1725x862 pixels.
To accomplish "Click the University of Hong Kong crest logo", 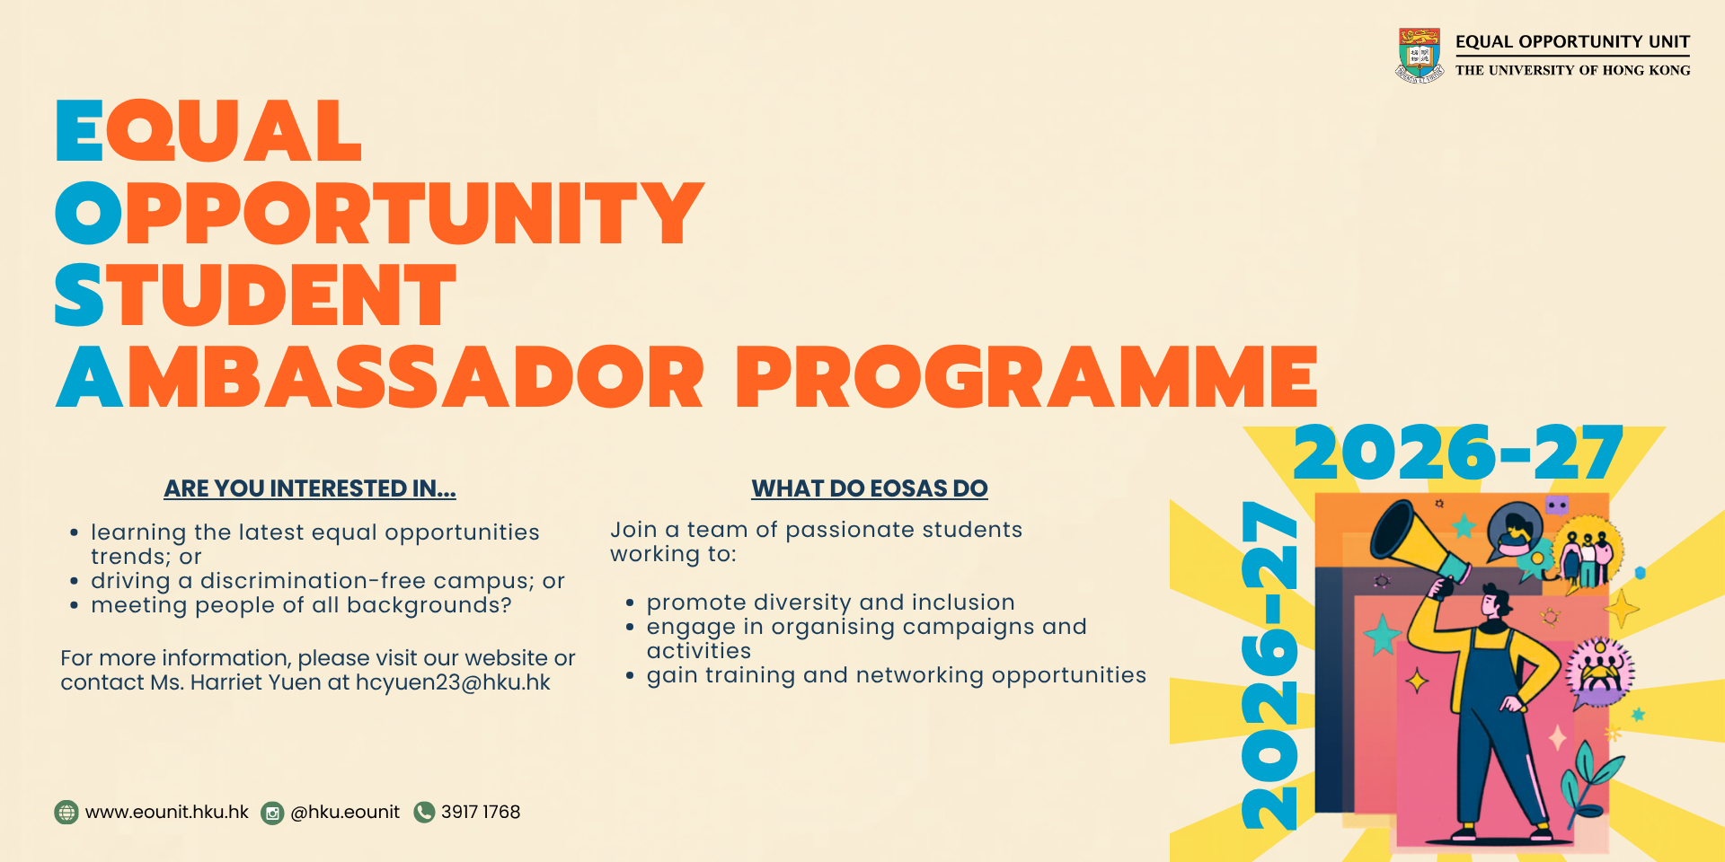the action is [x=1420, y=55].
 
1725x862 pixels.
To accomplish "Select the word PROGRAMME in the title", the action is [x=1027, y=377].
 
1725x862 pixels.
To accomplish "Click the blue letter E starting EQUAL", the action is [x=79, y=131].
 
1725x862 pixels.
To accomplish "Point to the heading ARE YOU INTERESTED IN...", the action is [x=310, y=488].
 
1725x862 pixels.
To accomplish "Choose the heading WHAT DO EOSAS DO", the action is [x=870, y=488].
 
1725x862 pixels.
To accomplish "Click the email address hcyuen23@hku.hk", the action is [x=453, y=682].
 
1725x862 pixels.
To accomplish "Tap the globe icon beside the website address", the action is [x=66, y=813].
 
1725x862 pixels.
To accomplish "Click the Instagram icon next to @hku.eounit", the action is [x=272, y=814].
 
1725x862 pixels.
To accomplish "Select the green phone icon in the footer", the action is [x=424, y=813].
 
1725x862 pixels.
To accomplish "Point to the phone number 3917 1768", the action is [x=481, y=812].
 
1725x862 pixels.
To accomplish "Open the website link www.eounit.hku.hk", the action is [x=167, y=812].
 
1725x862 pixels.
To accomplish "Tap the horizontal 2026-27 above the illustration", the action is [x=1457, y=453].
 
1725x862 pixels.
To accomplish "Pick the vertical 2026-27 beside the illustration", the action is [x=1269, y=664].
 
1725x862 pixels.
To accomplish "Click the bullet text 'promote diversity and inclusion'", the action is [x=830, y=603].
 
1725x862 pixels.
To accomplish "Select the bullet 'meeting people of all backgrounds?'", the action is [x=301, y=606].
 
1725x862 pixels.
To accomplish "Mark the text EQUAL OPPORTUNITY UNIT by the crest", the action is [x=1572, y=41].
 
